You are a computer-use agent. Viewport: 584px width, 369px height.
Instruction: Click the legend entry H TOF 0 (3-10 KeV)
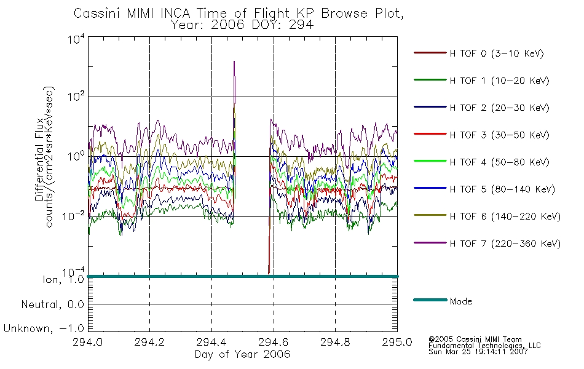point(479,54)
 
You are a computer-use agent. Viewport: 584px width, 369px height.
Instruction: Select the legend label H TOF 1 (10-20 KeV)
point(481,81)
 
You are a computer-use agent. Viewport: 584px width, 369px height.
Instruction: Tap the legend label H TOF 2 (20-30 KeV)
point(481,108)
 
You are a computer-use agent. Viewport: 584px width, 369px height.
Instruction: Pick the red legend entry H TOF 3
point(481,135)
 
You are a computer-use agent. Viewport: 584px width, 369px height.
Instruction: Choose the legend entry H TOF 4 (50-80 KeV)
point(481,162)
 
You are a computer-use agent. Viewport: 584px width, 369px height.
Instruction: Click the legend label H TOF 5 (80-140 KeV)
point(484,189)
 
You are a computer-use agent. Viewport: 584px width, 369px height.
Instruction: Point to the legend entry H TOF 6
point(487,216)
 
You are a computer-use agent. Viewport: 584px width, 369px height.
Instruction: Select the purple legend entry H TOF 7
point(487,244)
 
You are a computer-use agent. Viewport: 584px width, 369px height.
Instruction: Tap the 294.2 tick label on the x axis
point(149,342)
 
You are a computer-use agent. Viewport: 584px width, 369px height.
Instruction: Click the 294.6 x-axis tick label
point(274,342)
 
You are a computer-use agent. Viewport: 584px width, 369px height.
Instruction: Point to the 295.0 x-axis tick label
point(397,342)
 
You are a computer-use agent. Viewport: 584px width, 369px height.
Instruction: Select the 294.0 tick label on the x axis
point(87,342)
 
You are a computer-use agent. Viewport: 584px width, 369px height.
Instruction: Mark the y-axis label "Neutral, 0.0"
point(52,304)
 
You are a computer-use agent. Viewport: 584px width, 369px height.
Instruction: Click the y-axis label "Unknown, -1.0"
point(44,328)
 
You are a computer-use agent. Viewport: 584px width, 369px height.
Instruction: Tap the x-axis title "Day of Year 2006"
point(242,354)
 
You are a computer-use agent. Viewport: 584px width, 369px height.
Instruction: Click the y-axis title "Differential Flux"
point(39,159)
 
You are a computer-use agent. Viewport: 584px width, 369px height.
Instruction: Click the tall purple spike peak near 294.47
point(234,61)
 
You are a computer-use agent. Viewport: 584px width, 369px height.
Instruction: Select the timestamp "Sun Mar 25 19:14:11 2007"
point(478,351)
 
